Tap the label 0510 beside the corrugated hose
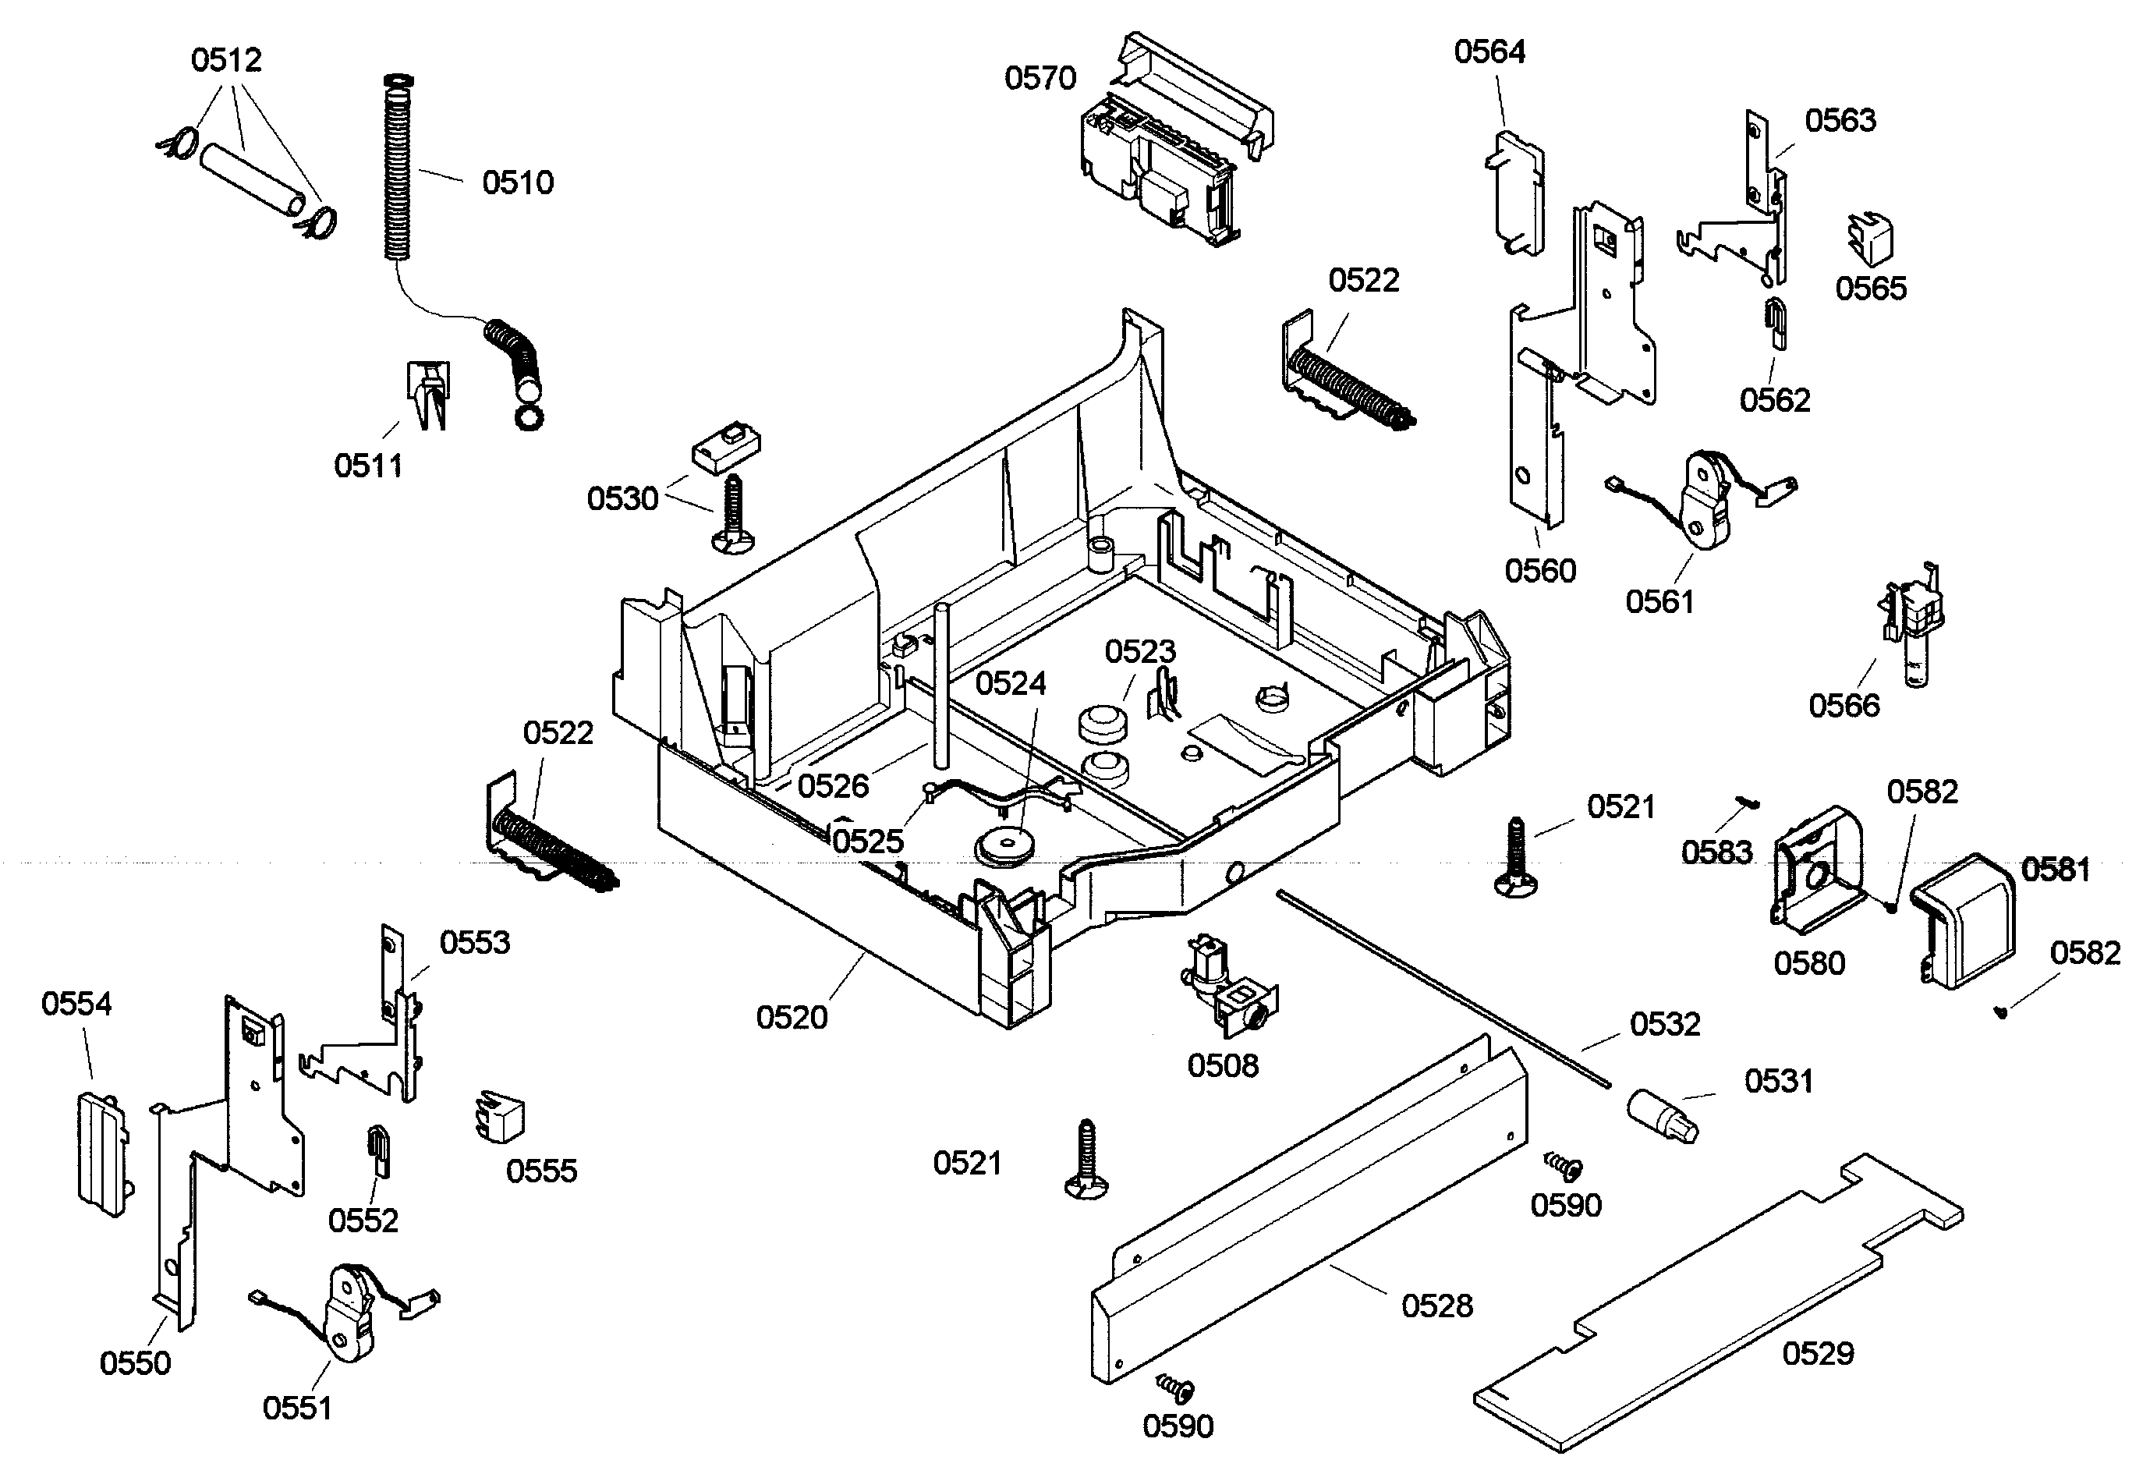tap(517, 182)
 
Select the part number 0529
tap(1818, 1354)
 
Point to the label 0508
tap(1223, 1065)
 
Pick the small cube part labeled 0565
tap(1870, 239)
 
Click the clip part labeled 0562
tap(1776, 324)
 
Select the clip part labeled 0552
tap(378, 1150)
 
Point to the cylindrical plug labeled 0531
tap(1663, 1115)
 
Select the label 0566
tap(1844, 706)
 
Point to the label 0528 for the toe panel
tap(1436, 1306)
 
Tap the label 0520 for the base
tap(791, 1018)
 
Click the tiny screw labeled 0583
tap(1748, 803)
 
